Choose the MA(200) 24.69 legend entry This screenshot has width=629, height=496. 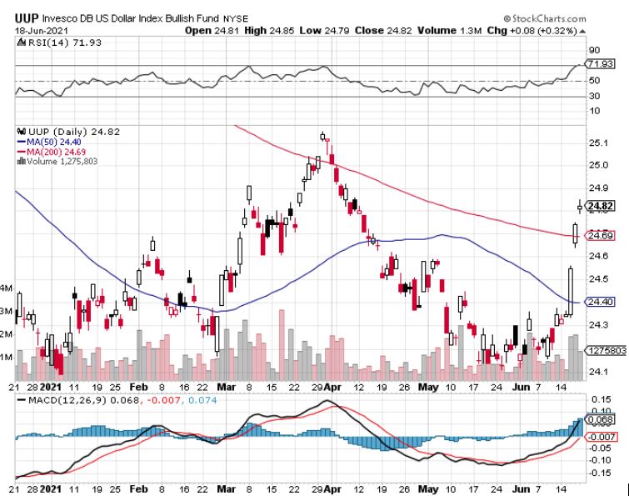pos(54,151)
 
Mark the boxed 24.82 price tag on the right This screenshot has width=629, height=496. pos(600,206)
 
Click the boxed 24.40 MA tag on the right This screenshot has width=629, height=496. pos(600,302)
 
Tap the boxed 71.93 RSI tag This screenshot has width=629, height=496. pos(600,63)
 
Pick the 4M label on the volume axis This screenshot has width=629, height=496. pos(6,288)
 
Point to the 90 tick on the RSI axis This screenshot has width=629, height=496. pos(593,49)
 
